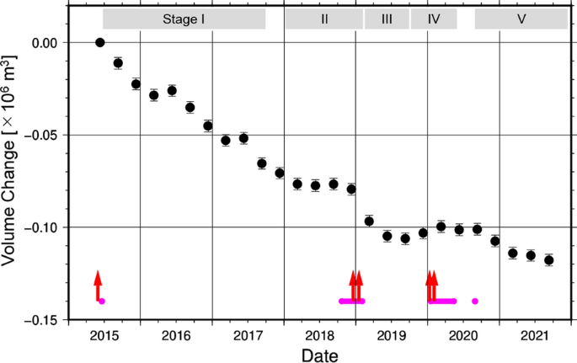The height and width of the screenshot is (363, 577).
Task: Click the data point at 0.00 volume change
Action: [100, 42]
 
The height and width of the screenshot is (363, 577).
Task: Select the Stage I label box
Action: [184, 19]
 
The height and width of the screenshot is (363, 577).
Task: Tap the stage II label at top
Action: [323, 19]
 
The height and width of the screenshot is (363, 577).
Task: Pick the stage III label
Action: [387, 19]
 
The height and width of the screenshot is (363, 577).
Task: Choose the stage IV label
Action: [434, 19]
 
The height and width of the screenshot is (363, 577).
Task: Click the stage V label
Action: [521, 19]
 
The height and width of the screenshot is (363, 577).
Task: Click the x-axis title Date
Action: [321, 355]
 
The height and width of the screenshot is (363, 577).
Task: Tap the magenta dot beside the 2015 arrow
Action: [102, 301]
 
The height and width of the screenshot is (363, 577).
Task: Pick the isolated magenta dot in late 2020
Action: [475, 301]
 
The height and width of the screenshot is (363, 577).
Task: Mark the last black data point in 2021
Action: [549, 260]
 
